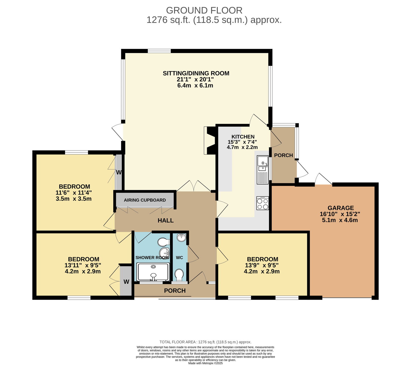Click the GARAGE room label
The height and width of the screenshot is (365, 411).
pos(341,208)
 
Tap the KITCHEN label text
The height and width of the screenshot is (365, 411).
pos(243,137)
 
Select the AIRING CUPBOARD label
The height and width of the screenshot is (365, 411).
pos(145,200)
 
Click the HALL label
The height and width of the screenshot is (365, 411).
pos(166,220)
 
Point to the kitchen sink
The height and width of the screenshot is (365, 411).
pos(263,170)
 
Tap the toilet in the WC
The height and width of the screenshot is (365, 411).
pos(179,275)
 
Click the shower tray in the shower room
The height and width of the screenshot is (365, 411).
pos(153,272)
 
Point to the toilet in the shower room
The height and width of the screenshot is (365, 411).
pos(163,242)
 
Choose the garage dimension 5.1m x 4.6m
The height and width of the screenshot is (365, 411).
pos(340,220)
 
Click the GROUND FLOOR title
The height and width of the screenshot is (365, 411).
pos(204,11)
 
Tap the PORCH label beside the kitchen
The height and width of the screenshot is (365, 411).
pos(284,155)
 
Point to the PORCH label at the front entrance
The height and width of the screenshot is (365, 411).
pos(175,291)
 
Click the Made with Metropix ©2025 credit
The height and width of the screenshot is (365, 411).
pos(206,363)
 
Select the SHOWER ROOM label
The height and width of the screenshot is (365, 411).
pos(152,257)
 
